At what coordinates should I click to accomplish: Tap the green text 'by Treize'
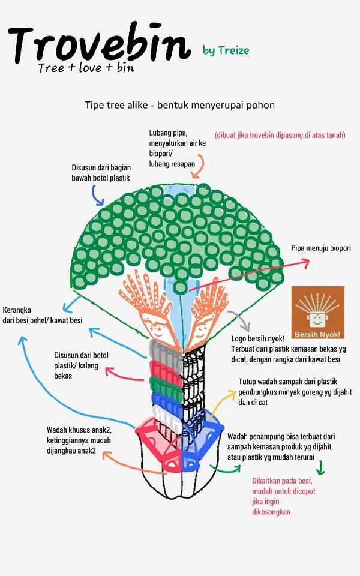coord(226,50)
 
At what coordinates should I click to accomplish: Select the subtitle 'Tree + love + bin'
coord(86,68)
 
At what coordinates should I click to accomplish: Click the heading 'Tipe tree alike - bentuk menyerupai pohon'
coord(179,105)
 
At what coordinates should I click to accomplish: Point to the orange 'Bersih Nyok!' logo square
coord(318,313)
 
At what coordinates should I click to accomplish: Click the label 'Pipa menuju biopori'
coord(320,248)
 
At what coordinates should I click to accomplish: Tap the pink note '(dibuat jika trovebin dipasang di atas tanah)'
coord(280,135)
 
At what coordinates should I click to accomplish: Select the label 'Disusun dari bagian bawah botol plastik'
coord(101,173)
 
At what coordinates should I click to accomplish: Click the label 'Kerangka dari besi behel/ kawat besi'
coord(42,315)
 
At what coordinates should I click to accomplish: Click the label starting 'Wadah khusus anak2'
coord(79,440)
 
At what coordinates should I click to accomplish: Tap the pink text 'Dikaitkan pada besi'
coord(282,481)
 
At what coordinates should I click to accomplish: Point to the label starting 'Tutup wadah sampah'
coord(295,392)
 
